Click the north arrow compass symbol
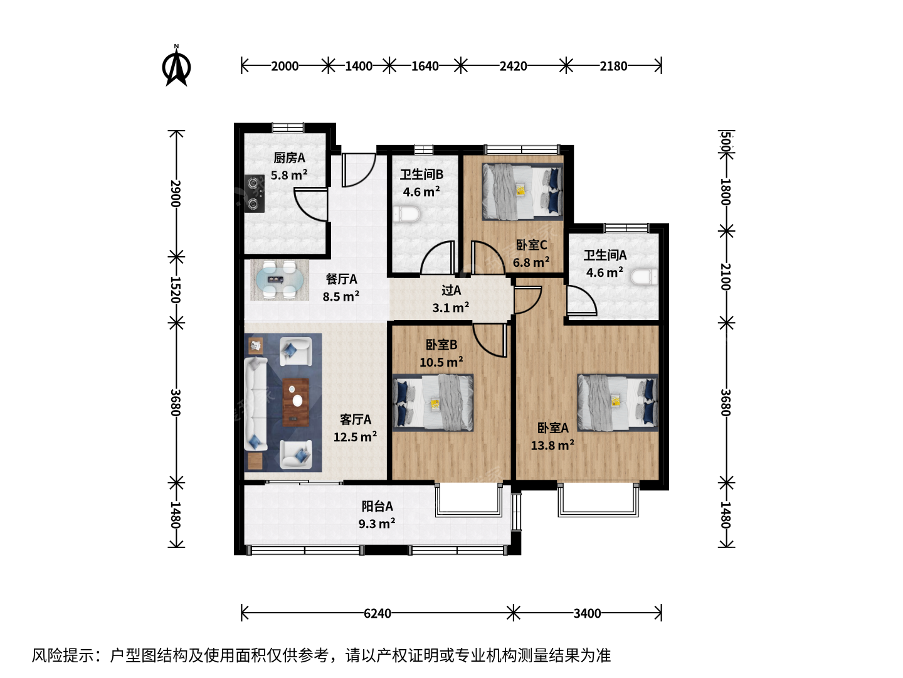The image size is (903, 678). click(176, 66)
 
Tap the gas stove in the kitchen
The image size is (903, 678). click(254, 193)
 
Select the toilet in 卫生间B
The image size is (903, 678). click(406, 215)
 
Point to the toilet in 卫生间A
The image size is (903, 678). click(644, 277)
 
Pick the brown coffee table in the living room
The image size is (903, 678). click(296, 402)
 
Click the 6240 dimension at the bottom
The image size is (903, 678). click(378, 613)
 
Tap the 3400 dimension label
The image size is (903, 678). click(587, 613)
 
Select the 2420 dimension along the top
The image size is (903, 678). click(513, 66)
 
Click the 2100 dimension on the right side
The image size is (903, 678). click(726, 276)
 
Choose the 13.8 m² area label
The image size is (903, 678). click(552, 446)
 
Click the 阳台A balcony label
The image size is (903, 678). click(378, 506)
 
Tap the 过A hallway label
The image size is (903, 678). click(451, 290)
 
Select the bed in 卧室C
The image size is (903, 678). click(522, 192)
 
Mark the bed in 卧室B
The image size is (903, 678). click(433, 402)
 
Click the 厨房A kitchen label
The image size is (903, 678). click(289, 158)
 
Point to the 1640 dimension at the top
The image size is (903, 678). click(425, 66)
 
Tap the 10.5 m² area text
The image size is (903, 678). click(441, 362)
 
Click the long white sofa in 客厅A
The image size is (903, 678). click(256, 404)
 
